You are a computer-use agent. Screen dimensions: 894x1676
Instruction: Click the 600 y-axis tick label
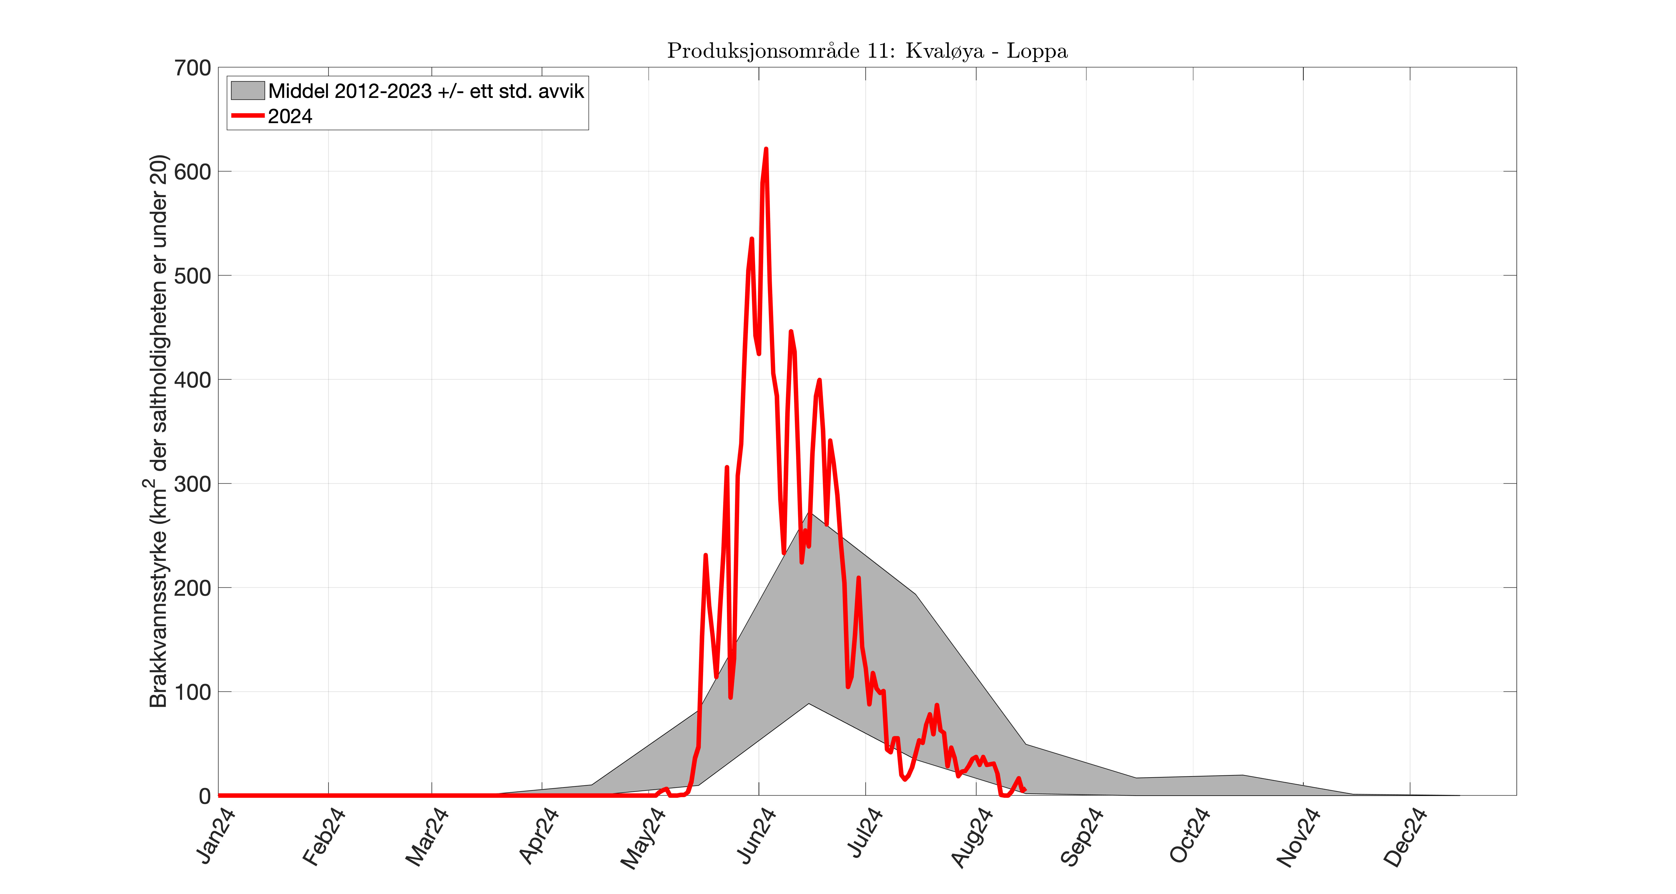[x=193, y=172]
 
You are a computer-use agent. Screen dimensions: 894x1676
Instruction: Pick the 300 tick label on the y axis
[x=193, y=484]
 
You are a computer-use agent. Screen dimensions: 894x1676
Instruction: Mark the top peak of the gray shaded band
[x=809, y=513]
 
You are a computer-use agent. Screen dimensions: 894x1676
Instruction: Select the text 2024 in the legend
[x=290, y=116]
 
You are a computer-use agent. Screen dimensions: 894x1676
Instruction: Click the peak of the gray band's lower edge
[x=809, y=703]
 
